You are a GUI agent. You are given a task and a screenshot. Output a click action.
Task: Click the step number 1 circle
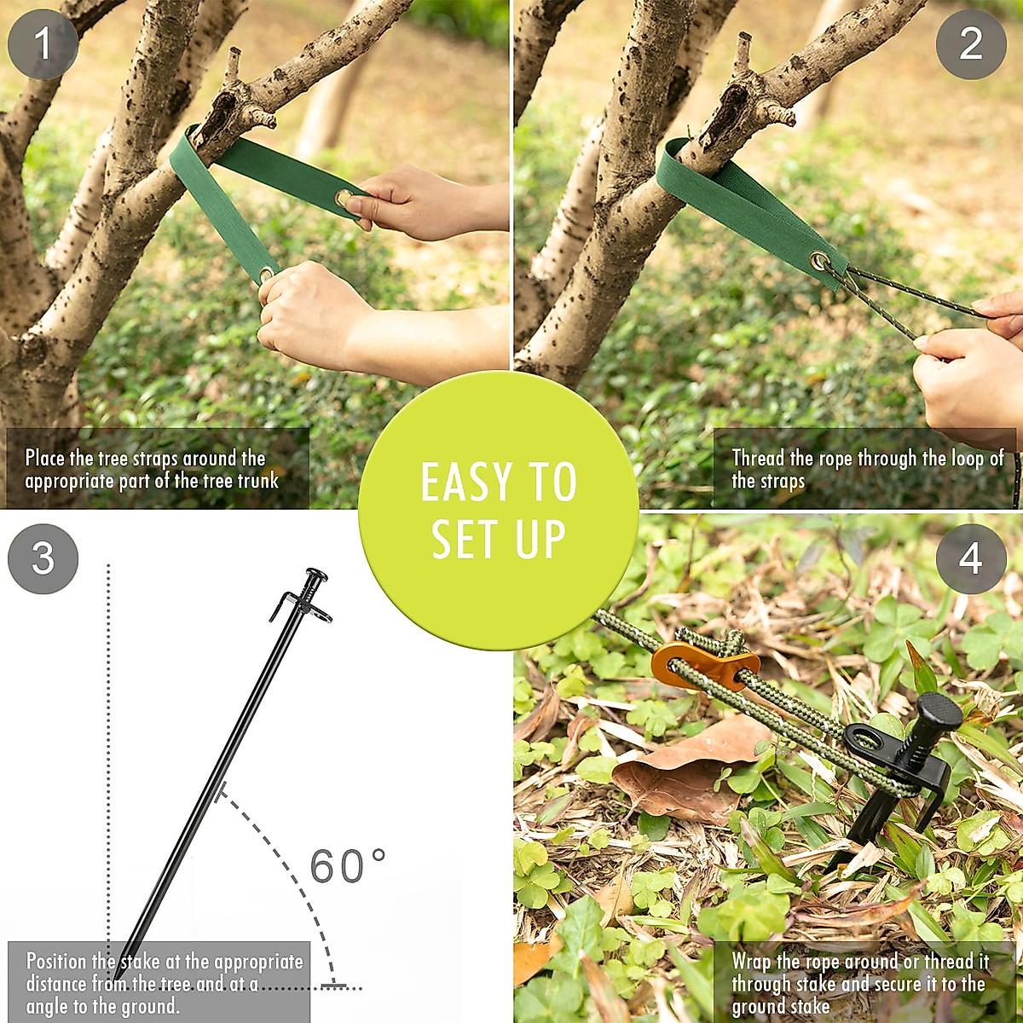[43, 43]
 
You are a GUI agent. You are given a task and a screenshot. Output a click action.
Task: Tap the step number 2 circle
[971, 43]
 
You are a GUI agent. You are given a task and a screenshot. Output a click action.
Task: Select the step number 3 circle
[43, 559]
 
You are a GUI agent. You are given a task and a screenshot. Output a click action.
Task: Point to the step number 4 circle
[971, 559]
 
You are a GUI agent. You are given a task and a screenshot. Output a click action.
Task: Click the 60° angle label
[347, 866]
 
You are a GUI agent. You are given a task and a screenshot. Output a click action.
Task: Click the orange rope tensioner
[701, 664]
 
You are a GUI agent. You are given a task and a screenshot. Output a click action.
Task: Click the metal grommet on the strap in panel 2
[820, 261]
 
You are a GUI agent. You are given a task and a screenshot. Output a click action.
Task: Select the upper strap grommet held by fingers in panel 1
[344, 199]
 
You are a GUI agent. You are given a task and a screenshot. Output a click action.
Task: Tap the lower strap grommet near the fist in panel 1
[267, 274]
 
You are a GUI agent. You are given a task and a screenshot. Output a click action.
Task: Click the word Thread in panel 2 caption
[758, 459]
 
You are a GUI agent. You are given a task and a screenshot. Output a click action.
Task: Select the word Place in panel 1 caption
[44, 459]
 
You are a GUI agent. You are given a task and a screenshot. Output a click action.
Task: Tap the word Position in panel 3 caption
[58, 962]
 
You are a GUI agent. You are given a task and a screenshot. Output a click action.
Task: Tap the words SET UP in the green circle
[499, 539]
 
